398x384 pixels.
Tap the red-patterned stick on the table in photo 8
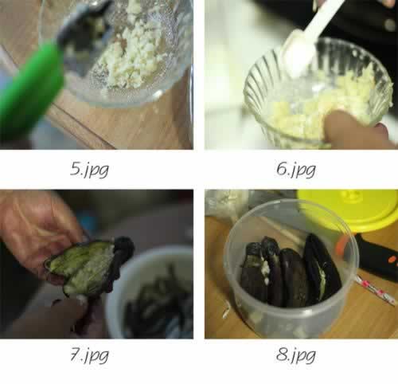click(375, 290)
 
